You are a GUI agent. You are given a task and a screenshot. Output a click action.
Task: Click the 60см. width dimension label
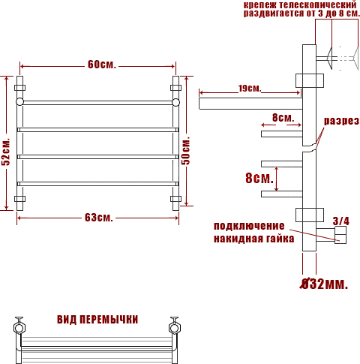[x=102, y=65]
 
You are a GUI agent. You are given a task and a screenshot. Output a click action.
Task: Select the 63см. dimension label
[x=99, y=218]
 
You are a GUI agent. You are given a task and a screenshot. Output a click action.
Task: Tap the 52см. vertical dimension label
[x=5, y=152]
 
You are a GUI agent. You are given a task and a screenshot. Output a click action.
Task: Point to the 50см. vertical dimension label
[x=186, y=151]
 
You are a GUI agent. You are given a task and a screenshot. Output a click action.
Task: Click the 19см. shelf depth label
[x=250, y=88]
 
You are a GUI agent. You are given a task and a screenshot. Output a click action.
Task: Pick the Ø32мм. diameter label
[x=324, y=284]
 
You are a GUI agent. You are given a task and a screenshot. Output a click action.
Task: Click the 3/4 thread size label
[x=341, y=221]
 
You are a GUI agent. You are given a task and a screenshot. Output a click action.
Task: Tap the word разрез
[x=341, y=121]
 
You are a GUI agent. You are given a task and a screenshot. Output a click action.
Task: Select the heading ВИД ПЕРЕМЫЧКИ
[x=97, y=320]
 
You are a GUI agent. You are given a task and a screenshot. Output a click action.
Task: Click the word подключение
[x=249, y=226]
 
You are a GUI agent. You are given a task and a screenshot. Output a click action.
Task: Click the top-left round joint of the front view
[x=19, y=102]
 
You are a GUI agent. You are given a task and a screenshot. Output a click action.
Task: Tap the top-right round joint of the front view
[x=176, y=102]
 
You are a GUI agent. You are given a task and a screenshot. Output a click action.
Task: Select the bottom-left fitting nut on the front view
[x=19, y=199]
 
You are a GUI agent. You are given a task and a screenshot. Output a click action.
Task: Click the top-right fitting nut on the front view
[x=176, y=88]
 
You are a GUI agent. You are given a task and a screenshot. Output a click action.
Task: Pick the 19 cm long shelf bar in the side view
[x=250, y=104]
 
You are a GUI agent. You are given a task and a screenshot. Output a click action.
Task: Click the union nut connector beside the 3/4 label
[x=340, y=235]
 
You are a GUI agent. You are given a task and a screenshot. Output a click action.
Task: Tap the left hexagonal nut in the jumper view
[x=19, y=328]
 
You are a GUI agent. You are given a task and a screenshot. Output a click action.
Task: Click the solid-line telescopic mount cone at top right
[x=329, y=59]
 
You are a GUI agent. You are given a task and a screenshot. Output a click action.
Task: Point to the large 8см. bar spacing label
[x=259, y=178]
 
